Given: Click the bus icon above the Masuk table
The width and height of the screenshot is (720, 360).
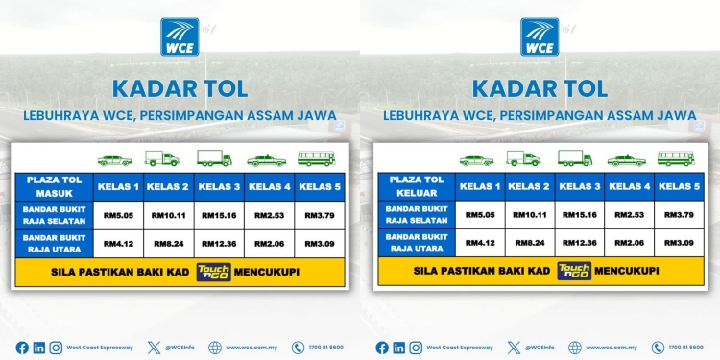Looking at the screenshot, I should [x=316, y=158].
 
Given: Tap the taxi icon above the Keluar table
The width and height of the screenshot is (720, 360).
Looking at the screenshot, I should [x=627, y=159].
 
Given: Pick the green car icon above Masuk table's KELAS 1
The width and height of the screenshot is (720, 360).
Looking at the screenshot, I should [x=115, y=160].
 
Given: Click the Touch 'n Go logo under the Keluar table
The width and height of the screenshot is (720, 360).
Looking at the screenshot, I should [x=574, y=271].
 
